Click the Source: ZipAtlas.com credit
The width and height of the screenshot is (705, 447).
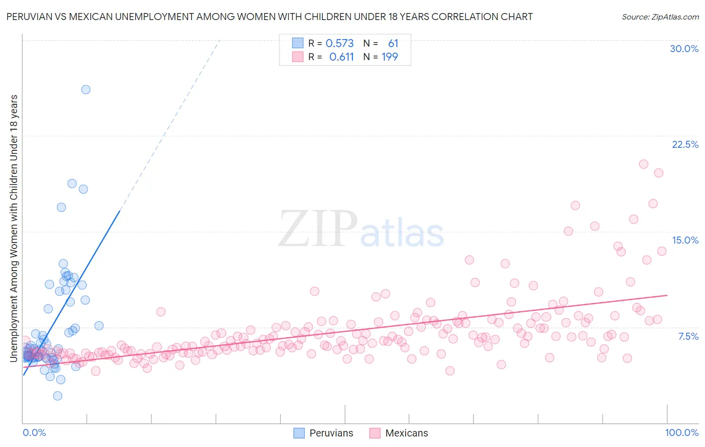click(x=660, y=17)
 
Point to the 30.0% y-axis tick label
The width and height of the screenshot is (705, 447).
click(x=684, y=49)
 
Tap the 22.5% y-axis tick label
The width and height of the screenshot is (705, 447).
click(x=685, y=144)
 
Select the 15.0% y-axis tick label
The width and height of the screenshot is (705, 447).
click(x=685, y=240)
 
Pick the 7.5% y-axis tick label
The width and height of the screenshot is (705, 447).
click(x=688, y=336)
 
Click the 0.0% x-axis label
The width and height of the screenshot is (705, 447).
click(x=34, y=432)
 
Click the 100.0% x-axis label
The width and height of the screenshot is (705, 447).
click(x=681, y=432)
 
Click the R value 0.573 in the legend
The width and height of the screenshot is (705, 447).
click(x=339, y=43)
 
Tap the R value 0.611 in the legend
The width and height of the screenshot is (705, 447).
click(x=341, y=57)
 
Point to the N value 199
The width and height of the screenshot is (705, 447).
click(x=390, y=57)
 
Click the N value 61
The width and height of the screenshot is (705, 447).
click(x=393, y=43)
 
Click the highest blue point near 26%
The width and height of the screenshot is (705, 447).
click(x=86, y=89)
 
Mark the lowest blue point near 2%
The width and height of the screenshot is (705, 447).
click(x=58, y=396)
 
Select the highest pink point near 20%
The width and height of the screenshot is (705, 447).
click(x=643, y=164)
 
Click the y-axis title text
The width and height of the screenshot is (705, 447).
click(x=14, y=228)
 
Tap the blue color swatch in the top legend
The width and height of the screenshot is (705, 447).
click(x=298, y=43)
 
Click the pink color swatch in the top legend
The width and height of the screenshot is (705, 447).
click(x=298, y=57)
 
